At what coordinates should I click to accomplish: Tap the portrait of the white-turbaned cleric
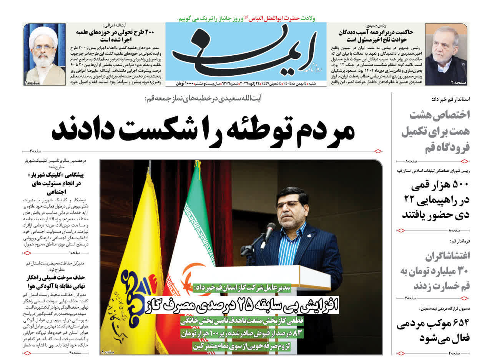point(44,54)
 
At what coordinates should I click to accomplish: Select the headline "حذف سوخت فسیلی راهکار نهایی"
point(56,282)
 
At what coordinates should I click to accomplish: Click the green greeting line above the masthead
point(246,18)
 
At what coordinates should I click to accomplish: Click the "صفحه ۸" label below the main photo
point(108,352)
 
